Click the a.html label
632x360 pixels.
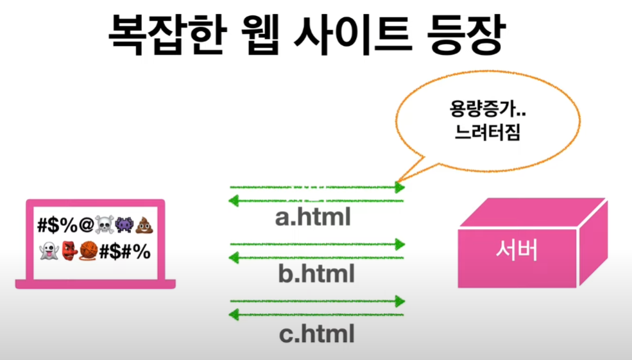click(x=313, y=218)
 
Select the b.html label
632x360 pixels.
click(x=316, y=275)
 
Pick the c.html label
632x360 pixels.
click(x=316, y=333)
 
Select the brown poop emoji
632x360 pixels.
click(x=144, y=226)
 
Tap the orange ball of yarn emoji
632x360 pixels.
click(x=89, y=251)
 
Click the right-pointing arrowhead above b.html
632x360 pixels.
click(x=400, y=244)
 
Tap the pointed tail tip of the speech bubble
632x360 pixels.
click(x=397, y=182)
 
